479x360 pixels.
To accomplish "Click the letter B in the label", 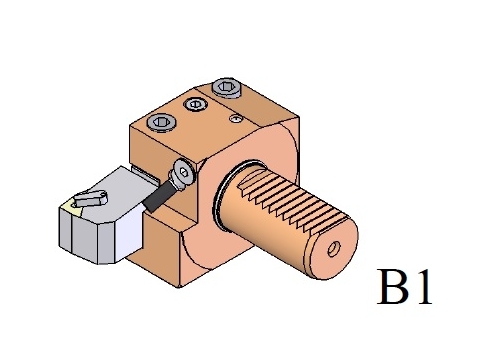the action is [x=394, y=287].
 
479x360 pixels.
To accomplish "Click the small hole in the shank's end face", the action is [x=334, y=249].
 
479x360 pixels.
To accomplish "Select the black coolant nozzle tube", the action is [x=158, y=196].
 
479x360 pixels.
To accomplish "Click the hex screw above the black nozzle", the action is [x=184, y=172].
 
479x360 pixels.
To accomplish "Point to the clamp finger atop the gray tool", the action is [x=91, y=199].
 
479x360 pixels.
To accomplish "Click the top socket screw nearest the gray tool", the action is [x=162, y=122].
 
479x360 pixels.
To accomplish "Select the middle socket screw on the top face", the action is [x=196, y=104].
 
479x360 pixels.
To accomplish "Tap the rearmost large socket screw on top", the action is [x=227, y=88].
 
